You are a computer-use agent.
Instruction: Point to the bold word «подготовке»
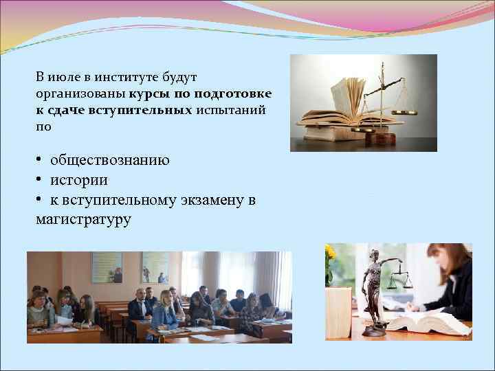pyautogui.click(x=233, y=93)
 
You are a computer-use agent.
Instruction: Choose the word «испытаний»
pyautogui.click(x=230, y=110)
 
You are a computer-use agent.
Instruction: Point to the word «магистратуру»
pyautogui.click(x=82, y=220)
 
